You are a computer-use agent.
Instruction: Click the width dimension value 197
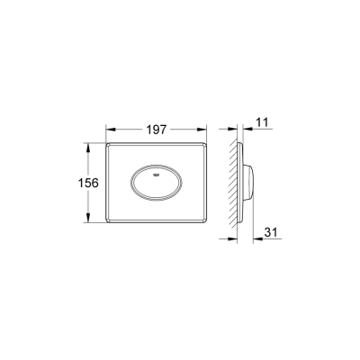pyautogui.click(x=159, y=129)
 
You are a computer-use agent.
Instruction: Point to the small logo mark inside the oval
pyautogui.click(x=159, y=169)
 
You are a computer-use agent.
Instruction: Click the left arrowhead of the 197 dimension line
pyautogui.click(x=111, y=129)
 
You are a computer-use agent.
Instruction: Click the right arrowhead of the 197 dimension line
pyautogui.click(x=208, y=129)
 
